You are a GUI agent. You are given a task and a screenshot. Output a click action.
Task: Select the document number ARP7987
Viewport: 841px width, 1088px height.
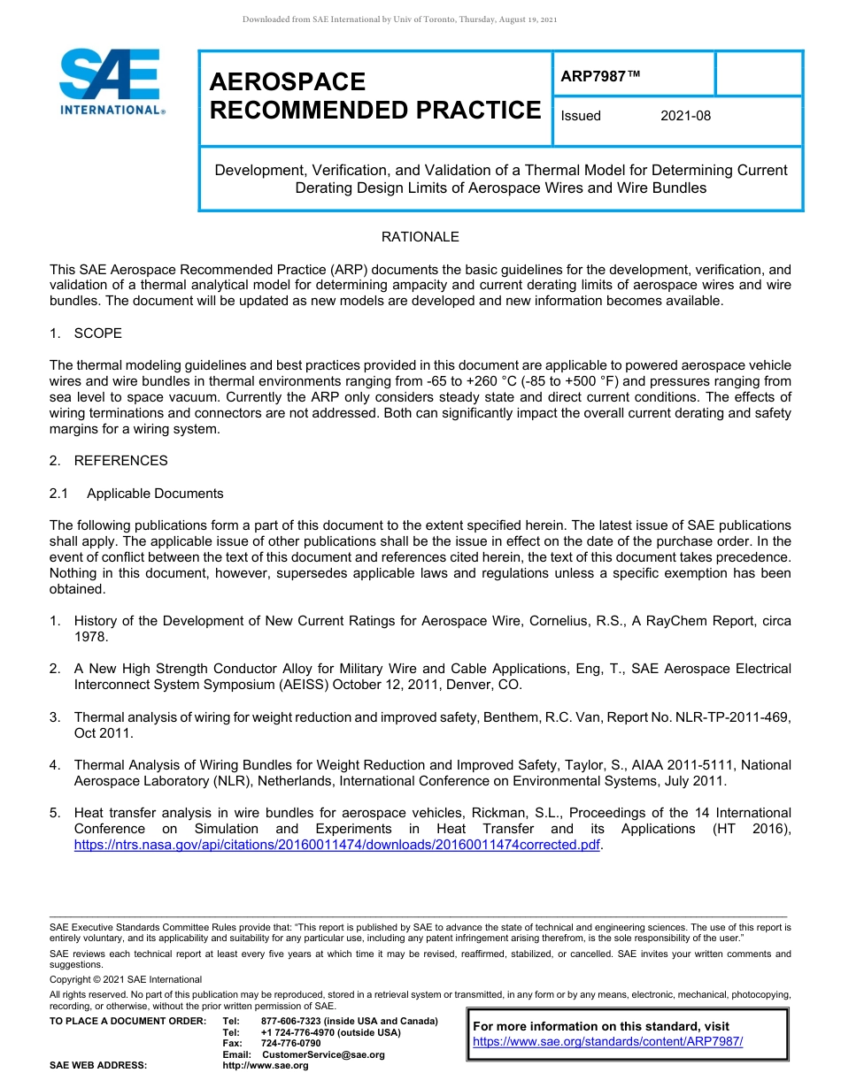tap(599, 77)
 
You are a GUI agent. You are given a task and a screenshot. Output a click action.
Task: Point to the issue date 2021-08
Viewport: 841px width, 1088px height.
tap(685, 116)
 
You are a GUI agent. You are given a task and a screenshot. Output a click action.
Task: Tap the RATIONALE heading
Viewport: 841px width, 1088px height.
tap(420, 237)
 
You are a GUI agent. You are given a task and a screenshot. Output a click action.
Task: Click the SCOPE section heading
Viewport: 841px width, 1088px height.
tap(97, 333)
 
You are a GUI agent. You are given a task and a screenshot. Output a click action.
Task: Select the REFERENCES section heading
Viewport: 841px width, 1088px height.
tap(120, 461)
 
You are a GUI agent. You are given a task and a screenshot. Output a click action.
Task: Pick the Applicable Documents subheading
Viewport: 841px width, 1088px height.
tap(155, 494)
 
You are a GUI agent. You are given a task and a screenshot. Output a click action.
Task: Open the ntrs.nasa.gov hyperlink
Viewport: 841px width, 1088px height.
tap(336, 845)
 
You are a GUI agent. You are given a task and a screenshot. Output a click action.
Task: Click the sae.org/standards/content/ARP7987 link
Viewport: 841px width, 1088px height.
tap(607, 1041)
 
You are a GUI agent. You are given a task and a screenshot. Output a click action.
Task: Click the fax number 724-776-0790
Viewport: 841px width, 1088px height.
tap(290, 1044)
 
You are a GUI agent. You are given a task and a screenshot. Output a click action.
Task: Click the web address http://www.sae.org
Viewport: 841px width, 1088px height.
tap(265, 1066)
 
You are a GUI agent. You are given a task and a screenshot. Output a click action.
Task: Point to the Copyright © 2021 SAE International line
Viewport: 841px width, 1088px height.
tap(126, 979)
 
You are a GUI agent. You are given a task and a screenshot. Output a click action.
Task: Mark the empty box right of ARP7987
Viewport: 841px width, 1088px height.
tap(758, 73)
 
